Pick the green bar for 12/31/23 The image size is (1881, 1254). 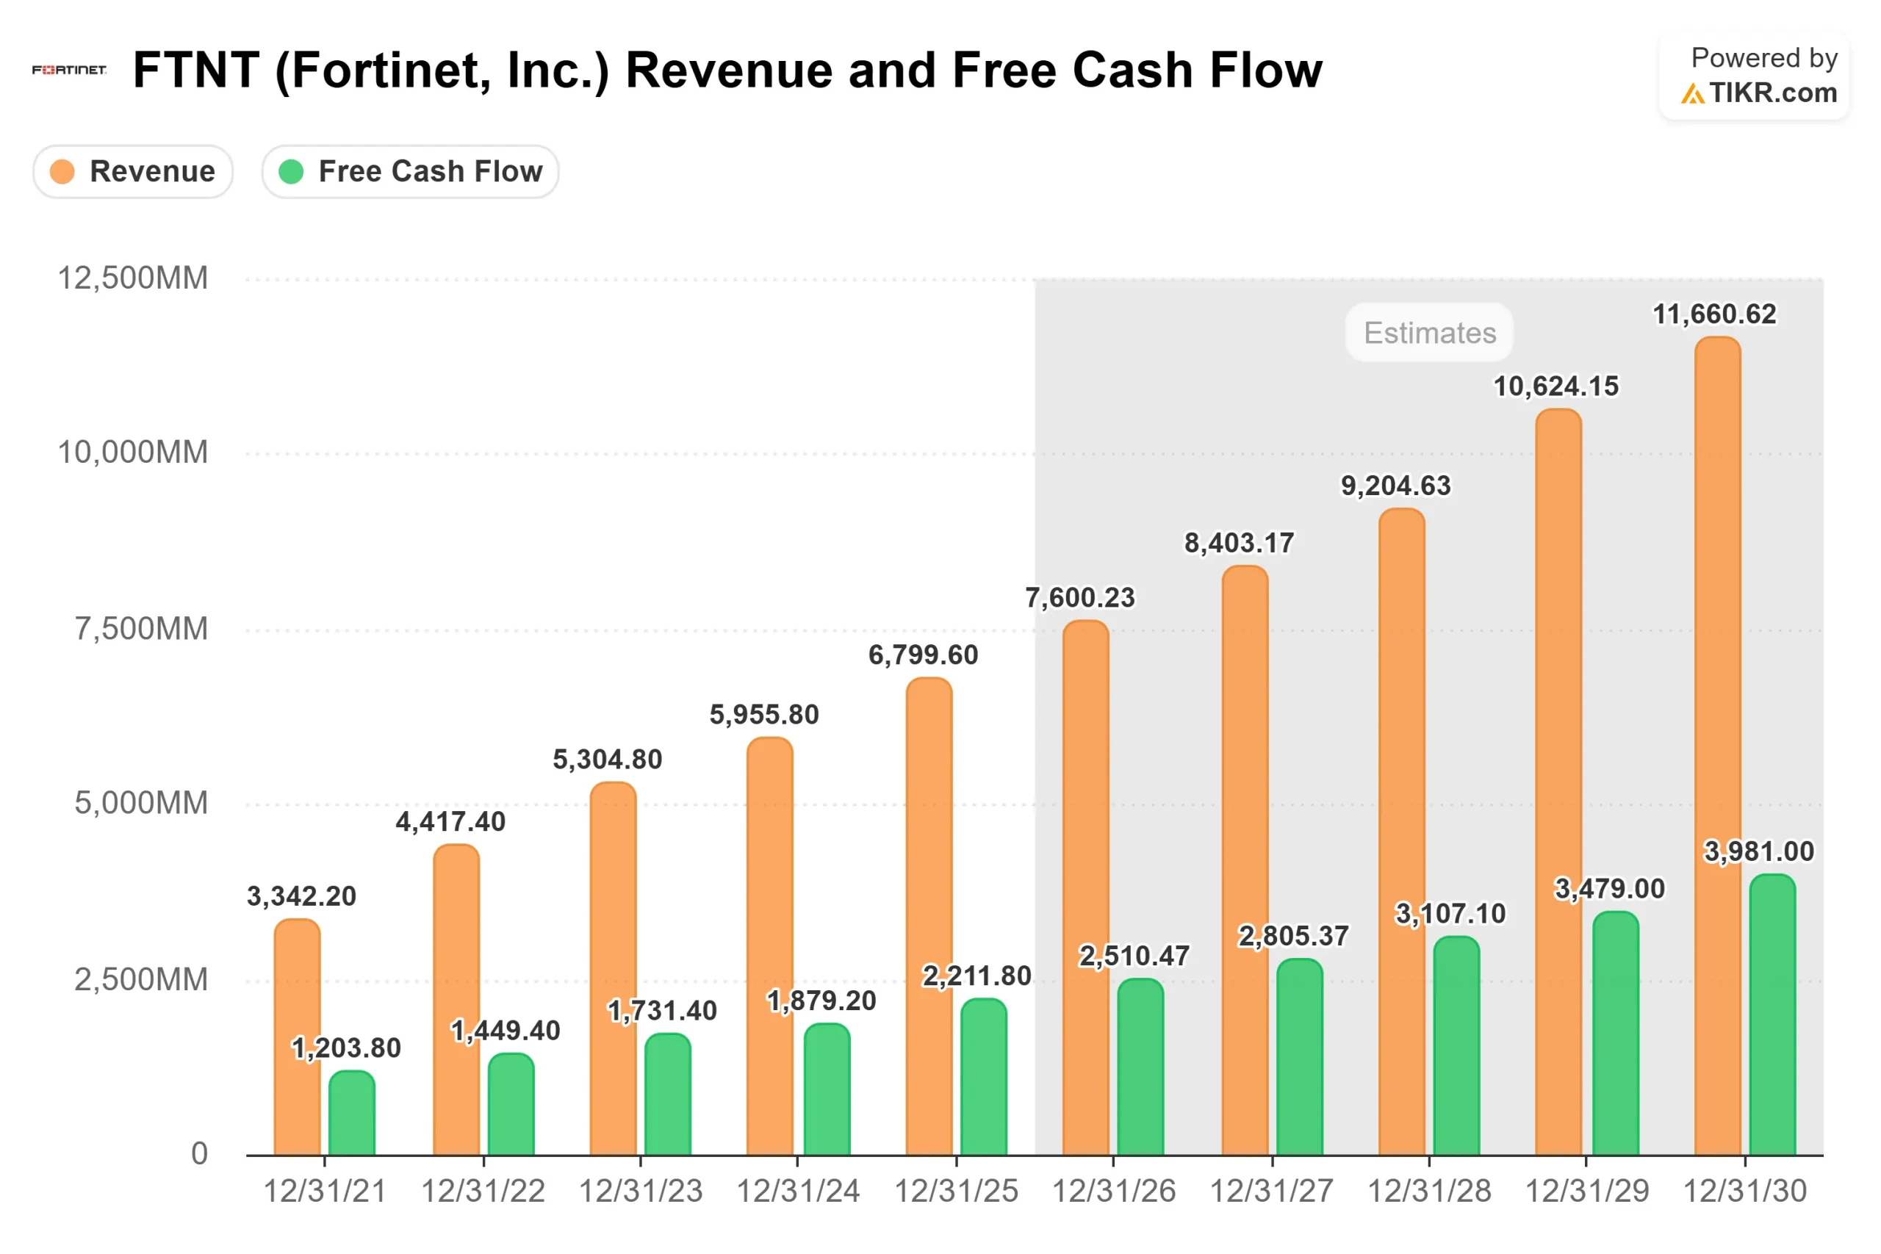click(668, 1095)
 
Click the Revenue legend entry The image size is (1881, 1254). click(133, 171)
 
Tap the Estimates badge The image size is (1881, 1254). click(1429, 333)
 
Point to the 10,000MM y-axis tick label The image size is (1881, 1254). click(133, 453)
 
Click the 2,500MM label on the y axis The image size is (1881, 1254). click(141, 980)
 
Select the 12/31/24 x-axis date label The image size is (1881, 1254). click(797, 1192)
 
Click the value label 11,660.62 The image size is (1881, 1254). click(1714, 314)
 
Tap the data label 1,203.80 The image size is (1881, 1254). click(345, 1048)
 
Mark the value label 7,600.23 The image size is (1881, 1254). click(1079, 597)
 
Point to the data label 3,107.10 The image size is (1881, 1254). click(1450, 913)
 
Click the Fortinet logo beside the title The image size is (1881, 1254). click(69, 71)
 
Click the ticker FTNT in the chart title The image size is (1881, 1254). click(196, 71)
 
